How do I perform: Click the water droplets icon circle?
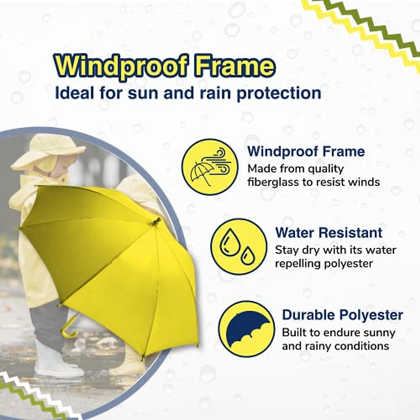(238, 247)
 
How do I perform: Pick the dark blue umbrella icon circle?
(246, 329)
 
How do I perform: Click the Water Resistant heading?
(329, 233)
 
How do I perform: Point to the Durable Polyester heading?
(342, 315)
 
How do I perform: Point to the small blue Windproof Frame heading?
(306, 152)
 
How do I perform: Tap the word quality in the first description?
(325, 169)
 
